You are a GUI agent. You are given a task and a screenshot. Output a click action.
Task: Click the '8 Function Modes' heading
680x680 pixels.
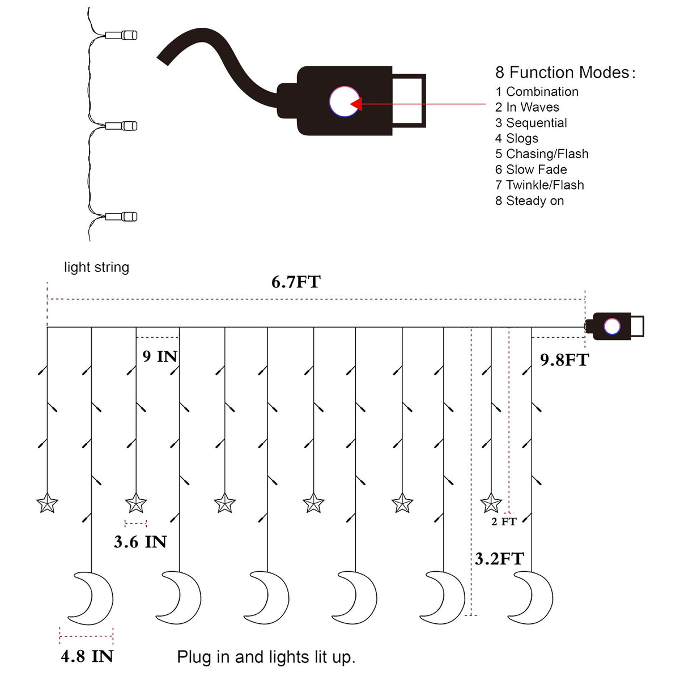pos(565,73)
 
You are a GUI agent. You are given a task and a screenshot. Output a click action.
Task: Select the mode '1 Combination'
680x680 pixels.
pos(537,92)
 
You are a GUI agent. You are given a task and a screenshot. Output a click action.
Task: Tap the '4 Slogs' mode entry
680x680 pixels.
pos(516,138)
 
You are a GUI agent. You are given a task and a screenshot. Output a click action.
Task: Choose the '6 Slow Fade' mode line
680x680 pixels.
pos(530,169)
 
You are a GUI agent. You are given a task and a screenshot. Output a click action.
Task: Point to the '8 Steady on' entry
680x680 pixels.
pos(529,201)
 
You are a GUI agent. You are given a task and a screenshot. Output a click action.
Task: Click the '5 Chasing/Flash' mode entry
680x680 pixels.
pos(541,154)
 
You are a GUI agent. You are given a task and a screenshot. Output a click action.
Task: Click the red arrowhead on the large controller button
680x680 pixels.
pos(356,104)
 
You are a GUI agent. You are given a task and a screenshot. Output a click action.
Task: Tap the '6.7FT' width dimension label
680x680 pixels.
pos(296,282)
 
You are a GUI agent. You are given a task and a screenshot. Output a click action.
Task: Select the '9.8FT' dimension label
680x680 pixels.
pos(564,360)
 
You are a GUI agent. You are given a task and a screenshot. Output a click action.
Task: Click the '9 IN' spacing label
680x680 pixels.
pos(160,356)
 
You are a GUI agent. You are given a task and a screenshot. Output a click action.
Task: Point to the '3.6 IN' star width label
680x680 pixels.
pos(140,542)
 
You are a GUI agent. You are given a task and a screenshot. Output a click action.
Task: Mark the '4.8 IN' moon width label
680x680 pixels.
pos(87,656)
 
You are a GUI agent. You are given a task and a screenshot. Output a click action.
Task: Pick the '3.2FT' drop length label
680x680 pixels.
pos(499,559)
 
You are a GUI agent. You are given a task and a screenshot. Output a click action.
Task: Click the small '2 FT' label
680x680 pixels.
pos(504,521)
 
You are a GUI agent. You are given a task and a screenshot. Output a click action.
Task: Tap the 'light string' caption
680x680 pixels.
pos(96,267)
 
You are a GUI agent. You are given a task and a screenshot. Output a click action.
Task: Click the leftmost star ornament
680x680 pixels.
pos(47,503)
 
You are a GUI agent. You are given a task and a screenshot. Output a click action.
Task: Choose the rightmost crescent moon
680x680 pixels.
pos(534,598)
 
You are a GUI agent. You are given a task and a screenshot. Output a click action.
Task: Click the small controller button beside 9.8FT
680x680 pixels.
pos(611,326)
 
